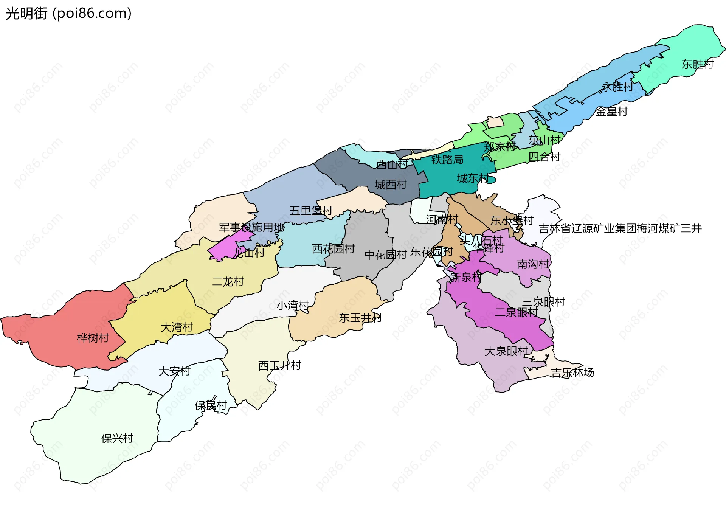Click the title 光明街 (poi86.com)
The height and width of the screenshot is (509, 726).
tap(68, 13)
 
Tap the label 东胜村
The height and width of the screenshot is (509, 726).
tap(697, 64)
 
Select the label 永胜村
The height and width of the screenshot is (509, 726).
tap(617, 87)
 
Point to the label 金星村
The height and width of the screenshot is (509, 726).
tap(611, 112)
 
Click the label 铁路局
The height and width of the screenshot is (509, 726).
tap(447, 160)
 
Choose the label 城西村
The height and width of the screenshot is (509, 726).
tap(391, 185)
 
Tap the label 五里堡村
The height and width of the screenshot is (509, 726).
tap(311, 211)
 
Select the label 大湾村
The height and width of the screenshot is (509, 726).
tap(177, 327)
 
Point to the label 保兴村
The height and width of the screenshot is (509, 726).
tap(117, 438)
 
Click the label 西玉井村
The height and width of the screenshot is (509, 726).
tap(279, 365)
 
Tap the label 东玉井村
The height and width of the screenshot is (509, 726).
tap(360, 318)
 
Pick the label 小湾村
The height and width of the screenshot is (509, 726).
tap(293, 305)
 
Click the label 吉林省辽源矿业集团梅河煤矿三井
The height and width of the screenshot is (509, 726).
tap(620, 228)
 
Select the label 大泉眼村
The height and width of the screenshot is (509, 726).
tap(506, 351)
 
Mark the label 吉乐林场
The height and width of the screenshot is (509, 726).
tap(572, 372)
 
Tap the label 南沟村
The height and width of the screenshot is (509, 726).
tap(533, 264)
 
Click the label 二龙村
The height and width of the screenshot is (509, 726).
tap(228, 281)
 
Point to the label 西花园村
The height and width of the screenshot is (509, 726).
tap(333, 249)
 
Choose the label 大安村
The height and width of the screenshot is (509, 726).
tap(174, 371)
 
